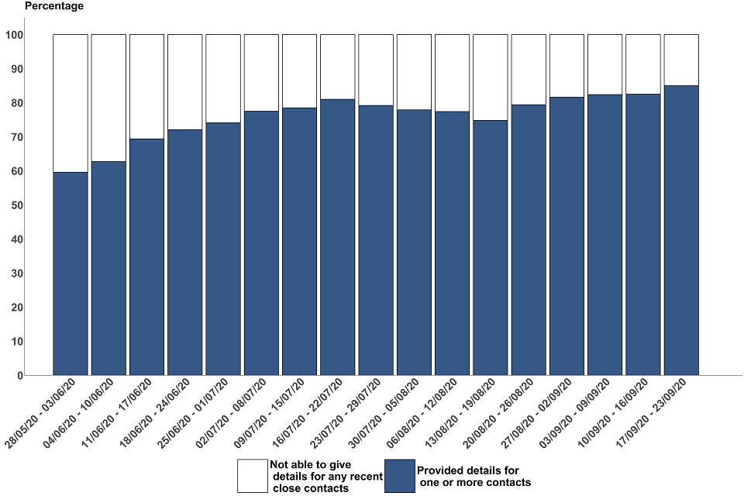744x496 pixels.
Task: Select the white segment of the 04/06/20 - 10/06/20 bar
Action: click(x=108, y=98)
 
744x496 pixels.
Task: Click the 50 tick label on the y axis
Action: click(x=16, y=205)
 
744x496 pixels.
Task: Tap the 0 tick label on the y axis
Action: click(x=19, y=376)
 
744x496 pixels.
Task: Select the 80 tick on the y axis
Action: click(x=16, y=103)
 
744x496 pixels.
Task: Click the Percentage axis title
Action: click(x=54, y=6)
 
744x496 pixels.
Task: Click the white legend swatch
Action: click(x=252, y=476)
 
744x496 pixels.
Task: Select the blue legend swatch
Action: click(x=400, y=476)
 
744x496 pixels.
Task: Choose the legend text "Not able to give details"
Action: click(x=325, y=476)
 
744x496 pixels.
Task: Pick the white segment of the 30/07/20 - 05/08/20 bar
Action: click(x=414, y=72)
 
